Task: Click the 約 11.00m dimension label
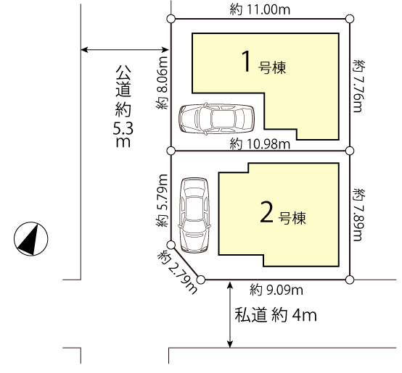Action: [x=260, y=10]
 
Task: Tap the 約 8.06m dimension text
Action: [x=162, y=83]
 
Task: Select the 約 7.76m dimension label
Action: [x=359, y=86]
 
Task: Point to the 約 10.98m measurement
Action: [x=260, y=144]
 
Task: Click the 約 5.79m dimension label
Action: [x=162, y=201]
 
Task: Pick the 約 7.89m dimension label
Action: [x=359, y=214]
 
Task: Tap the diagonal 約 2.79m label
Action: [x=177, y=273]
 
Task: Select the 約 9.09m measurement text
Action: [x=276, y=290]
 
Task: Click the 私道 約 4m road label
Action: [x=276, y=315]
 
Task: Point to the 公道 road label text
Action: [x=123, y=81]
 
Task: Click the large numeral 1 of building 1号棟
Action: [x=247, y=62]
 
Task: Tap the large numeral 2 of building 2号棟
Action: [x=266, y=212]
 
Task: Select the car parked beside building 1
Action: [x=217, y=119]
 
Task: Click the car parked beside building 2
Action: [x=194, y=215]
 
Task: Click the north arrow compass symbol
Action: [x=30, y=239]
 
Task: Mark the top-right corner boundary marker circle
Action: [x=350, y=19]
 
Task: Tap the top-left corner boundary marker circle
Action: [x=171, y=19]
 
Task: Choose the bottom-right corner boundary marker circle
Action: [x=350, y=280]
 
